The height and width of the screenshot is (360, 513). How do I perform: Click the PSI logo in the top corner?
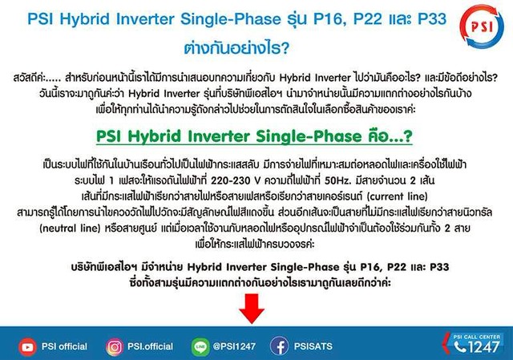click(x=482, y=26)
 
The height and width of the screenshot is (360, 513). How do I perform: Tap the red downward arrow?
click(x=252, y=309)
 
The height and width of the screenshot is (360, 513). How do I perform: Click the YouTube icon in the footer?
click(x=27, y=347)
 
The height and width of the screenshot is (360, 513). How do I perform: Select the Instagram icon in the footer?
click(x=115, y=347)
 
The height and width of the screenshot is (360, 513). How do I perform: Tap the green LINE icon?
click(x=200, y=347)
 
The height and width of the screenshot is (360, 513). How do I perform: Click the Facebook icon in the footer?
click(x=279, y=346)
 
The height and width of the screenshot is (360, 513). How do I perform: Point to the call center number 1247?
click(x=483, y=347)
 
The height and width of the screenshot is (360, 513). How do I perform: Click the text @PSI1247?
click(x=234, y=346)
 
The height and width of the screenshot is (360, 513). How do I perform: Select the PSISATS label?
click(x=313, y=346)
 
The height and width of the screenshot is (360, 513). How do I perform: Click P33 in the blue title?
click(x=432, y=18)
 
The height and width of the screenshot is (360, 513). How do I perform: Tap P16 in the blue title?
click(x=328, y=18)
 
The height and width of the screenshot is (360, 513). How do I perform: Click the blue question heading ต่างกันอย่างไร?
click(x=236, y=48)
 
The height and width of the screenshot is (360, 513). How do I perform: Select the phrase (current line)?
click(x=398, y=196)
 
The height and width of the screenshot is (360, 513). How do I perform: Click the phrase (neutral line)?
click(x=70, y=229)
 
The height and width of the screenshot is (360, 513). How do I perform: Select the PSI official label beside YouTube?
click(x=64, y=346)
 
